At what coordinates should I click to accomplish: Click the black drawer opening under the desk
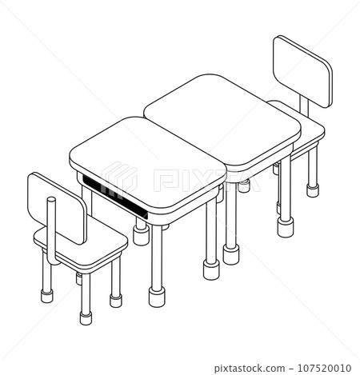(x=114, y=197)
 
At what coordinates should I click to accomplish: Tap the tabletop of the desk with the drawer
(x=147, y=162)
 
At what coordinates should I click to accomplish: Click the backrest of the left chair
(x=57, y=208)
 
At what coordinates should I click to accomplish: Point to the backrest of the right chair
(x=303, y=71)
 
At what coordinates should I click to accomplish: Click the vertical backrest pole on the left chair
(x=51, y=229)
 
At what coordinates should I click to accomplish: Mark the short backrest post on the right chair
(x=304, y=106)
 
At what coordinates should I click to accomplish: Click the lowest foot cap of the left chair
(x=86, y=318)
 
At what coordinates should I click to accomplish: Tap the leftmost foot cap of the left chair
(x=47, y=296)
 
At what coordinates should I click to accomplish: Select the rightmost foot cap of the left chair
(x=116, y=301)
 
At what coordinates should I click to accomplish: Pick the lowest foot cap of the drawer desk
(x=157, y=297)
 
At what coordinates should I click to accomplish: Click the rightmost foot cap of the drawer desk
(x=211, y=269)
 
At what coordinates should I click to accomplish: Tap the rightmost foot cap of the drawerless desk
(x=286, y=227)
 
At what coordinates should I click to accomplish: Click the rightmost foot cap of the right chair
(x=313, y=190)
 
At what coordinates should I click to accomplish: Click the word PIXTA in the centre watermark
(x=206, y=180)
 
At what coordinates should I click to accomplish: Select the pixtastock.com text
(x=250, y=368)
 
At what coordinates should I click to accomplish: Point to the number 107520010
(x=324, y=368)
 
